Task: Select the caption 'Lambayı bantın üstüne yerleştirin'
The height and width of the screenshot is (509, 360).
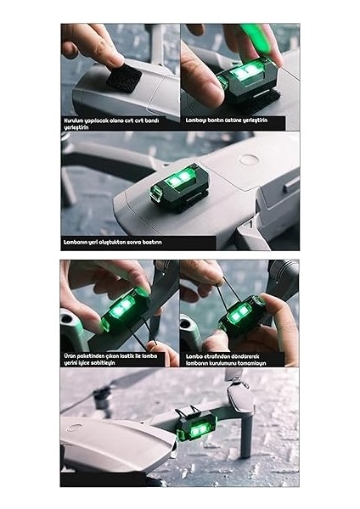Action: [226, 120]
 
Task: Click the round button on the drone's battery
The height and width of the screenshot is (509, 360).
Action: [247, 159]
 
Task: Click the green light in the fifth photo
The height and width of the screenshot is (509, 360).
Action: [240, 316]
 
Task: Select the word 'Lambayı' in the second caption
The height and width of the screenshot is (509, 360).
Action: [196, 120]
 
